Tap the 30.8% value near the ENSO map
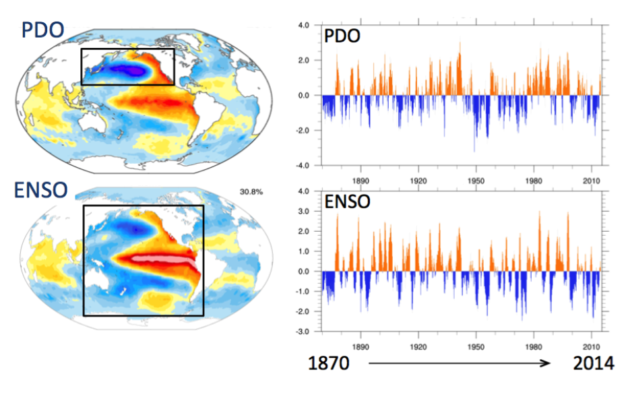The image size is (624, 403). click(251, 192)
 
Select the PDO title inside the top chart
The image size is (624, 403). click(342, 36)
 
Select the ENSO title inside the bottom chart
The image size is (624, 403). click(347, 201)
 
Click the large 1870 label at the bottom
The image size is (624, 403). click(329, 364)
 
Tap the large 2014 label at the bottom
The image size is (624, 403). click(593, 364)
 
